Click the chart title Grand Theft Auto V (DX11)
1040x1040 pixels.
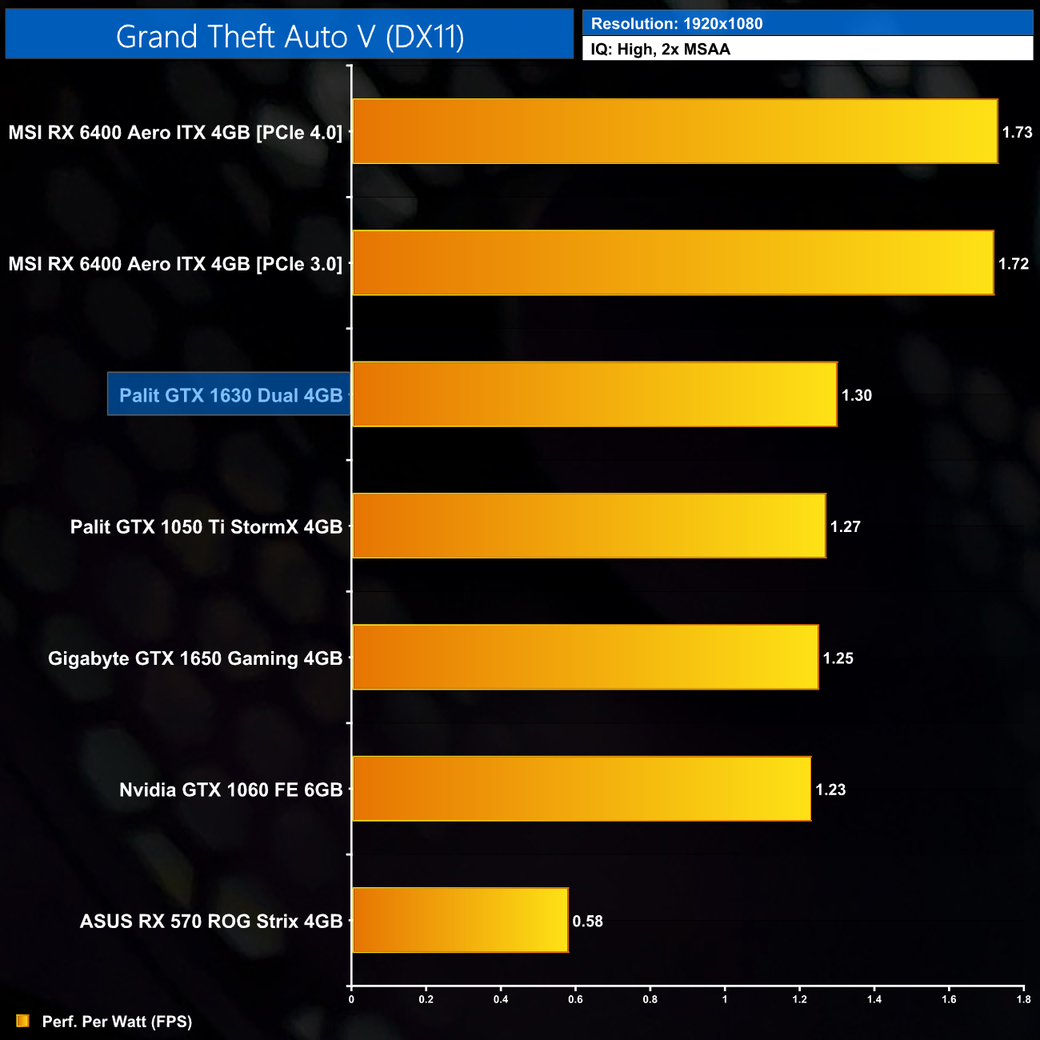tap(290, 37)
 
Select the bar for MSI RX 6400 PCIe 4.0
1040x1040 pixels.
tap(674, 131)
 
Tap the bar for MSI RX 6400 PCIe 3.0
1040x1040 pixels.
tap(673, 263)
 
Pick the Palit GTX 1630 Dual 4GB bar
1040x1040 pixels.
tap(594, 394)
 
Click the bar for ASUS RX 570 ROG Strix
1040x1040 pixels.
tap(460, 920)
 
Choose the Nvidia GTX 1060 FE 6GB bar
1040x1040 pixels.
tap(582, 789)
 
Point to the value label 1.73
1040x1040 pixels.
tap(1017, 132)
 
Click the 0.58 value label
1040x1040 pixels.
tap(587, 921)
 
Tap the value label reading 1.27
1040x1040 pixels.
tap(845, 526)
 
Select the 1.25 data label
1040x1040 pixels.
tap(838, 658)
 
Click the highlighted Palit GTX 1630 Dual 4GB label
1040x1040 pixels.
tap(230, 395)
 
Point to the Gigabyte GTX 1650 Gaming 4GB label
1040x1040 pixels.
tap(195, 658)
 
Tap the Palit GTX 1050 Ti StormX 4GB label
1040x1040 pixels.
tap(206, 526)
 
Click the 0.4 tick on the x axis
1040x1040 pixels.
tap(501, 999)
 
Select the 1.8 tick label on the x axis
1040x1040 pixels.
tap(1023, 999)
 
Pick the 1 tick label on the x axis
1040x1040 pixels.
tap(725, 999)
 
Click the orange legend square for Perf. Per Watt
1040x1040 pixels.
tap(22, 1021)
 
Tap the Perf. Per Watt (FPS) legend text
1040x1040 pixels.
tap(117, 1022)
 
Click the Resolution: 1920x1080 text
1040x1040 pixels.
tap(677, 24)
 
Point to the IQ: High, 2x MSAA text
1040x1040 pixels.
tap(660, 50)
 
